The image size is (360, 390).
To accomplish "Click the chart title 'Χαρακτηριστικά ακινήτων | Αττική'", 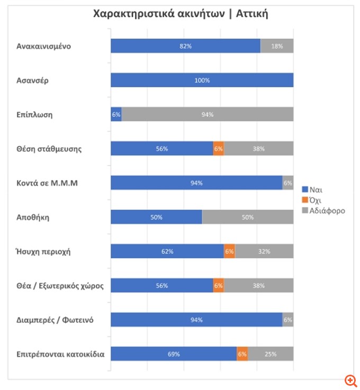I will [180, 14].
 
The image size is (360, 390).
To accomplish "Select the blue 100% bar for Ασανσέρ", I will [202, 80].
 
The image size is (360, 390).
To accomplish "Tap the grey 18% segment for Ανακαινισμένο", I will [277, 46].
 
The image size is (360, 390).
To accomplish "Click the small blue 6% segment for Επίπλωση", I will [116, 114].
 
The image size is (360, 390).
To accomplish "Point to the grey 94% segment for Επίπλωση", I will [208, 114].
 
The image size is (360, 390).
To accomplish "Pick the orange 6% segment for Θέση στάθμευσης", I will [219, 149].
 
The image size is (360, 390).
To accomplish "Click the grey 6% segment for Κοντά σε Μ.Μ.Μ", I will [288, 183].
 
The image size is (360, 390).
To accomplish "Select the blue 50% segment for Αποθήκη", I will [156, 217].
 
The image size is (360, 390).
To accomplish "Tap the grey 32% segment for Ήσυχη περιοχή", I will [264, 251].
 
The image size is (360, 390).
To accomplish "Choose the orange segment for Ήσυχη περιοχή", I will [230, 251].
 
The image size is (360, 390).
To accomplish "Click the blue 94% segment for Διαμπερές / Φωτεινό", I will [196, 320].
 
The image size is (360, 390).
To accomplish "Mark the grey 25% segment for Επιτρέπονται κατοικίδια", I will [271, 354].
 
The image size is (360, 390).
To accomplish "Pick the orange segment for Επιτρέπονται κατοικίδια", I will [242, 354].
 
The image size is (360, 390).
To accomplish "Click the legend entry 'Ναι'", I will [312, 189].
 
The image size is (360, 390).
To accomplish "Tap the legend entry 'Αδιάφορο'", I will [323, 210].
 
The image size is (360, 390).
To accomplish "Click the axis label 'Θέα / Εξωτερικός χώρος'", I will [60, 286].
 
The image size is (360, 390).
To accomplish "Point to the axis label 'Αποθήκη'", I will [33, 217].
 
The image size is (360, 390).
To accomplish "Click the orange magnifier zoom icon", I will [350, 380].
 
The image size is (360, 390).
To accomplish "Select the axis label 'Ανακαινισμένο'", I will [43, 46].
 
